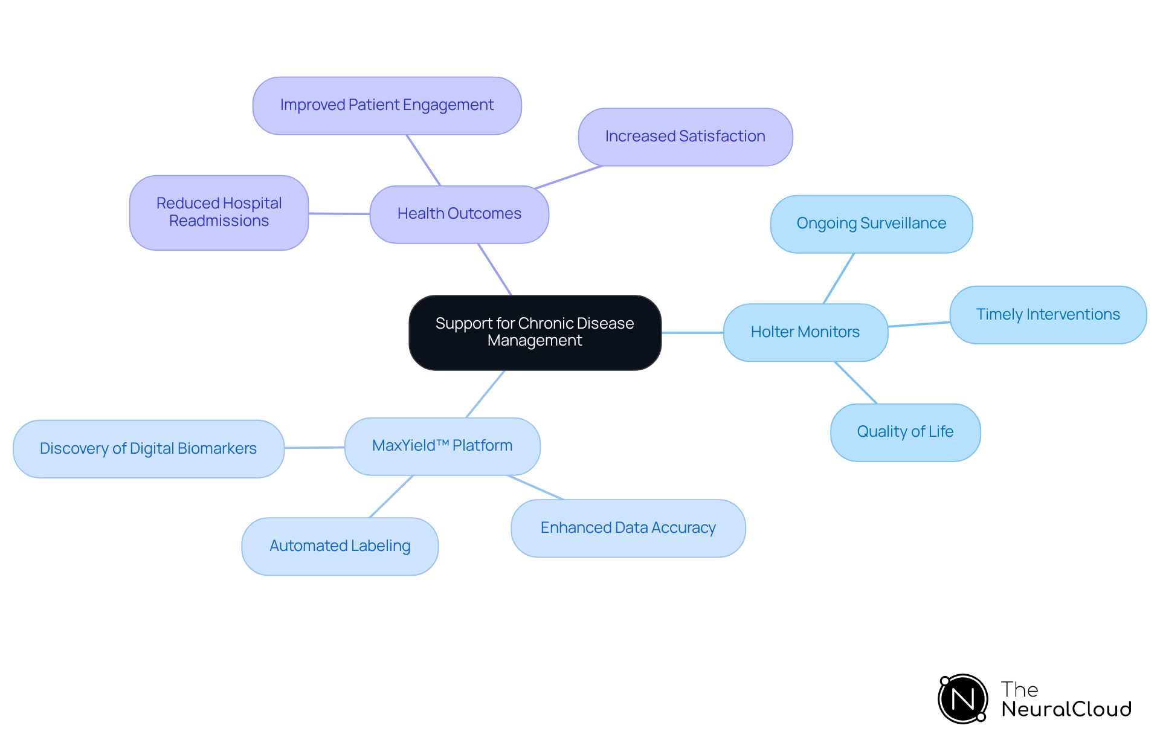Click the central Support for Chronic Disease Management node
tap(535, 332)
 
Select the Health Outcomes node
tap(459, 214)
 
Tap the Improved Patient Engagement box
tap(387, 105)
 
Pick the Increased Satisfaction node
tap(685, 137)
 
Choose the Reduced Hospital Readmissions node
tap(219, 213)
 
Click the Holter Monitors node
tap(805, 332)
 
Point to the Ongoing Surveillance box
tap(871, 224)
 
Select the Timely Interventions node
tap(1048, 315)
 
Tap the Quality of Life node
tap(905, 432)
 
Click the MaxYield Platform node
tap(442, 446)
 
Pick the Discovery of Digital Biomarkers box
tap(148, 449)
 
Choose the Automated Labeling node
tap(340, 546)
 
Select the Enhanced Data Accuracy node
tap(628, 528)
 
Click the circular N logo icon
tap(963, 699)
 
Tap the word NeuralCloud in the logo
tap(1066, 709)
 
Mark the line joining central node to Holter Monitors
tap(692, 332)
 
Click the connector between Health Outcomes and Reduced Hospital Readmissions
tap(339, 213)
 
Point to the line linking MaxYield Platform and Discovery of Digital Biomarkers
tap(314, 448)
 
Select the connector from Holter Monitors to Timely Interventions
tap(919, 324)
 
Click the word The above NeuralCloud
tap(1019, 689)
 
